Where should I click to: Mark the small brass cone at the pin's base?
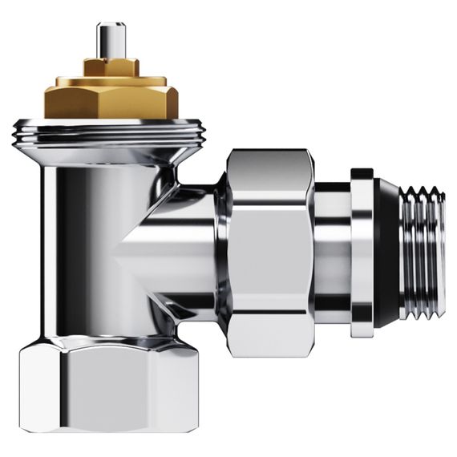109,57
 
